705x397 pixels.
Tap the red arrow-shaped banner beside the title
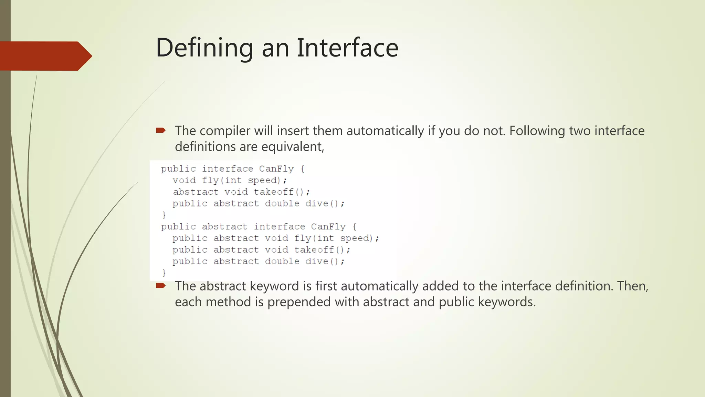(x=45, y=56)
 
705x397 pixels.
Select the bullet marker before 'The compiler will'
(x=161, y=130)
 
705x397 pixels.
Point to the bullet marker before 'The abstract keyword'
(x=161, y=285)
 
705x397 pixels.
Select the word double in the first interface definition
(x=282, y=203)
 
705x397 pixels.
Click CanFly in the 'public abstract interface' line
(x=328, y=226)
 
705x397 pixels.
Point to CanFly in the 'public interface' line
(x=276, y=169)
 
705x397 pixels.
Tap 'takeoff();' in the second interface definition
(x=322, y=250)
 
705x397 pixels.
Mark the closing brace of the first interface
(x=164, y=215)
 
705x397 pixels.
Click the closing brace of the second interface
(x=164, y=273)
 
